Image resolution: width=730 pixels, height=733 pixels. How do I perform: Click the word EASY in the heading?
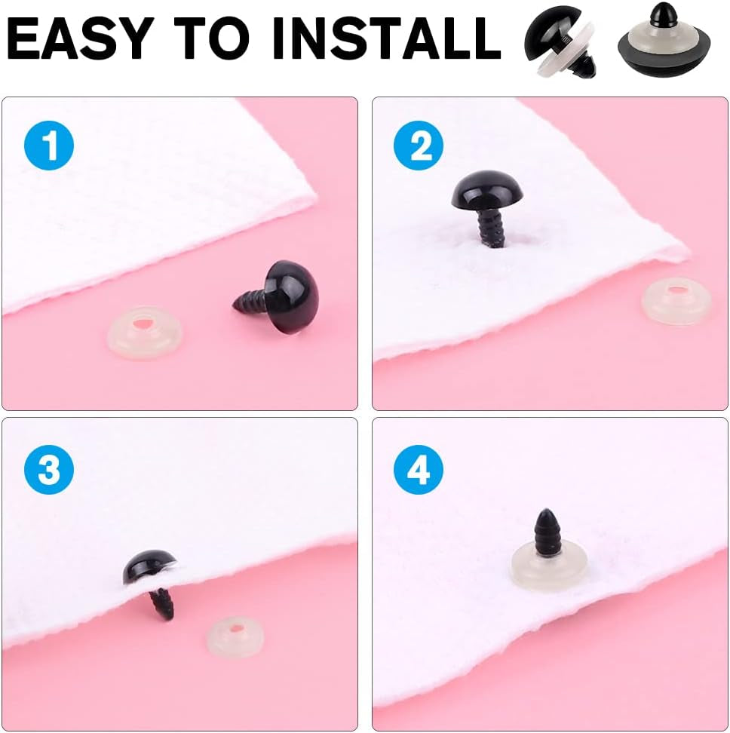click(81, 38)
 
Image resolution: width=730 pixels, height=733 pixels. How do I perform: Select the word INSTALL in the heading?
click(387, 38)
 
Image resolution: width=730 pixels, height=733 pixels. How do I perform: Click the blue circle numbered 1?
click(48, 145)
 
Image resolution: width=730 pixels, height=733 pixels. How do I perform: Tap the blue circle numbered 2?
click(419, 145)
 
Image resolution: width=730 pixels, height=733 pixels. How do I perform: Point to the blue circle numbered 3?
click(48, 469)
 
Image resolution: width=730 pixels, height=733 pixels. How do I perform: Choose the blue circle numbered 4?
click(419, 469)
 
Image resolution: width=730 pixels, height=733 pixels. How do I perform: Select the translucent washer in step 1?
click(145, 333)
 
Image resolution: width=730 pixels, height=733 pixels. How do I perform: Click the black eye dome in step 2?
click(487, 189)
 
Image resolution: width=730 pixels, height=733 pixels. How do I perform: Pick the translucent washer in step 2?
click(677, 301)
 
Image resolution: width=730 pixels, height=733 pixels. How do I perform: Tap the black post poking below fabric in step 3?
click(161, 604)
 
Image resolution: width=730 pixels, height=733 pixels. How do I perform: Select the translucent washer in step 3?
click(235, 636)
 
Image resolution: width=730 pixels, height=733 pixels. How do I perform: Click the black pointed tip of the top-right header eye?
click(664, 14)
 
